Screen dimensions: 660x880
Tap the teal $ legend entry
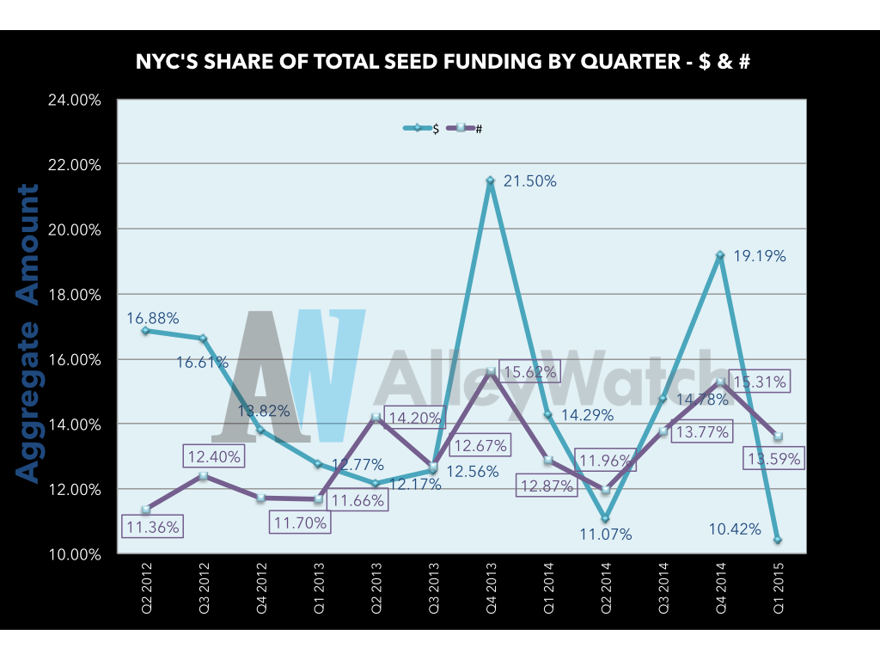[422, 129]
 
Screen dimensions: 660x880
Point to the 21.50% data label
[530, 181]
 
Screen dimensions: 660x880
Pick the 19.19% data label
[760, 256]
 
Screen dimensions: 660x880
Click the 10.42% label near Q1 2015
[735, 529]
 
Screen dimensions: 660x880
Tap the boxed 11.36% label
[154, 527]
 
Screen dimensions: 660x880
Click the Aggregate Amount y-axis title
[28, 333]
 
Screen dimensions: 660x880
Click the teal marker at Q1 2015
[778, 540]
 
